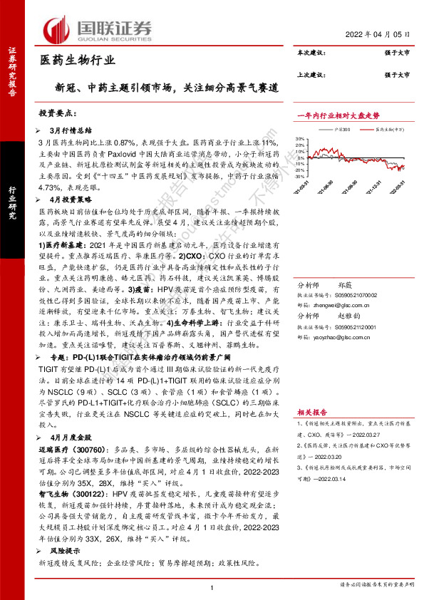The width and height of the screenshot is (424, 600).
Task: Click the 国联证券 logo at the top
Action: click(100, 29)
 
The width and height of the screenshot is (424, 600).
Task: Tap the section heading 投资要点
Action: click(58, 115)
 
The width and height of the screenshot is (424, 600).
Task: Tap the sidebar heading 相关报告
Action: click(311, 412)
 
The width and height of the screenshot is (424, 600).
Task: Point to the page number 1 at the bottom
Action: click(212, 586)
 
